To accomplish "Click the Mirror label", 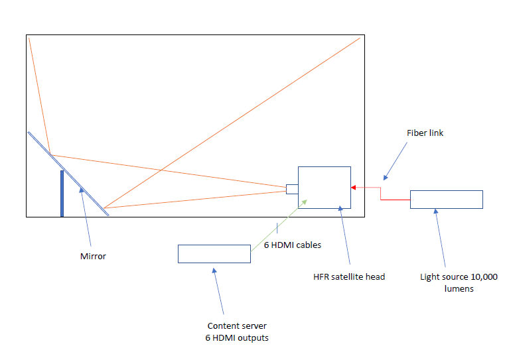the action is tap(93, 256).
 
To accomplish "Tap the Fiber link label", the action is tap(425, 133).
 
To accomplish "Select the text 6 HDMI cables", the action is tap(293, 245).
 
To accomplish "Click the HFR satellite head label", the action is tap(349, 276).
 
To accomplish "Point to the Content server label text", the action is tap(237, 326).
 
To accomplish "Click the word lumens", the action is tap(459, 288).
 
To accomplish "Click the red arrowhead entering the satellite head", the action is tap(354, 188).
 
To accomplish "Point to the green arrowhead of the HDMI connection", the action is tap(305, 202).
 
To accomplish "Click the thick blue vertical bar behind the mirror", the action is tap(62, 194).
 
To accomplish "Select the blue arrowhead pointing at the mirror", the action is tap(82, 190).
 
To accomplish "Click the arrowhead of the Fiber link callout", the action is tap(386, 178).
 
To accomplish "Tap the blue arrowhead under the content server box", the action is tap(214, 270).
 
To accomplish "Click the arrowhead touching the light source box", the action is tap(436, 211).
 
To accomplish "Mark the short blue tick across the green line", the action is tap(277, 228).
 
